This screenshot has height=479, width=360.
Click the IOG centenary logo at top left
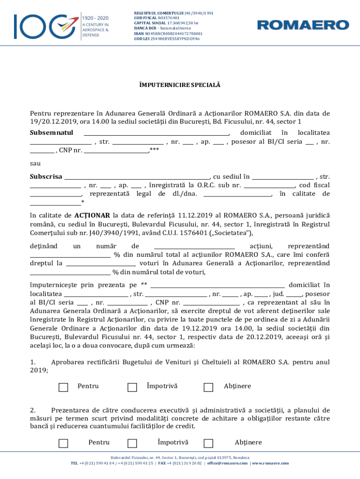[44, 26]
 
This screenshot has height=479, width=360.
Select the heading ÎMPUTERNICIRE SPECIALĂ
[180, 86]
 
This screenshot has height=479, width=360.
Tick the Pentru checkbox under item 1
[63, 387]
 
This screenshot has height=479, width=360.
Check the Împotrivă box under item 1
[132, 387]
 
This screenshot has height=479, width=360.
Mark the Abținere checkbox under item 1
[209, 387]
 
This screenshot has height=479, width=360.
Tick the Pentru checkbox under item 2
[63, 443]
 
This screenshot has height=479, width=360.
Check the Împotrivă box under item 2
[132, 443]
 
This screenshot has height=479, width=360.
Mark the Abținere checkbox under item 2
[209, 443]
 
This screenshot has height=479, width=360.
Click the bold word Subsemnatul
[51, 132]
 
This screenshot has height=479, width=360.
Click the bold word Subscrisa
[46, 176]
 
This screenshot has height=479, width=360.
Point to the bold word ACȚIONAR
[92, 216]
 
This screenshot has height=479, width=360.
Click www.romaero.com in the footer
[271, 463]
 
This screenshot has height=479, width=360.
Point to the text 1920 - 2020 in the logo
[95, 18]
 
